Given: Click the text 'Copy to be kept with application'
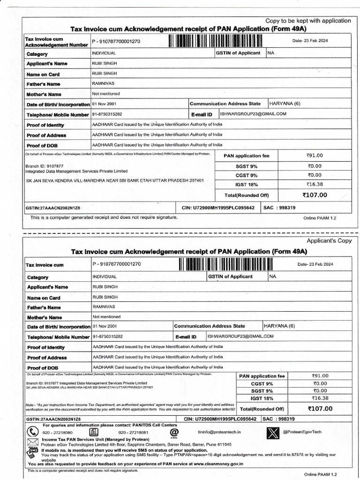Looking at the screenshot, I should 308,21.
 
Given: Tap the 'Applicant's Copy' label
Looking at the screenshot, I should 329,240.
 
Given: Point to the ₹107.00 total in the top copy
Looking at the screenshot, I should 315,195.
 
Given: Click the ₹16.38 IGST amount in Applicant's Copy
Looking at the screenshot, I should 320,398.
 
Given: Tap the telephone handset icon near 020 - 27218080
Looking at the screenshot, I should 32,432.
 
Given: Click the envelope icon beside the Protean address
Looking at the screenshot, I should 33,442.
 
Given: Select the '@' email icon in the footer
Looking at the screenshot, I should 174,432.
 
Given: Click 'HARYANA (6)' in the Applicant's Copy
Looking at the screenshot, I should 279,326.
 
